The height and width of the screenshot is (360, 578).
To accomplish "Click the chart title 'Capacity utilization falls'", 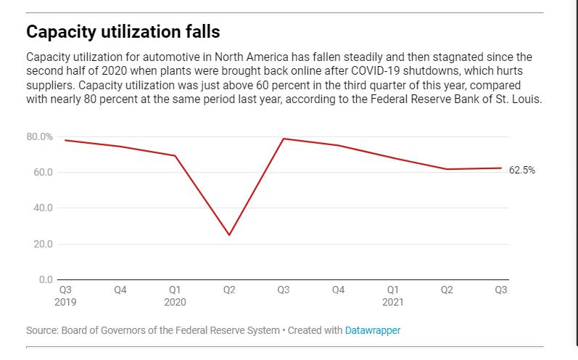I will tap(123, 32).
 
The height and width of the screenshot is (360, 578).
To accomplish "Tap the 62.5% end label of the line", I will tap(522, 170).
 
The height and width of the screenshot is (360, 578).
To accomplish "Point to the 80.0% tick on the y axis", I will tap(40, 136).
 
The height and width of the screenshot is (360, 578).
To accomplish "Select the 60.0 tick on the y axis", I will tap(43, 172).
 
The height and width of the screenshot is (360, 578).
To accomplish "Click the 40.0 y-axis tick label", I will tap(43, 208).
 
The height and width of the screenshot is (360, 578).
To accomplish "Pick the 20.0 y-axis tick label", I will tap(43, 244).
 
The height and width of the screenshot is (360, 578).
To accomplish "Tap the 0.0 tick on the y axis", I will tap(45, 279).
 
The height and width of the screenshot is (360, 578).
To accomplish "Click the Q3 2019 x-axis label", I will tap(65, 295).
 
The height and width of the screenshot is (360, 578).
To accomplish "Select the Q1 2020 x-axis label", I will tap(175, 295).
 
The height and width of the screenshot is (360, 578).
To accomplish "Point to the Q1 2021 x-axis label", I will tap(392, 295).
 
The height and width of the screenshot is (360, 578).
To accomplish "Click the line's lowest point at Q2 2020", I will tap(229, 235).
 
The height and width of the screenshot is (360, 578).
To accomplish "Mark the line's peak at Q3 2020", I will tap(284, 139).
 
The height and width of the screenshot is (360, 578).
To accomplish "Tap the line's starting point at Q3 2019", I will tap(65, 140).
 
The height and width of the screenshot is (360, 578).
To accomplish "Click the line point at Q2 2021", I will tap(447, 169).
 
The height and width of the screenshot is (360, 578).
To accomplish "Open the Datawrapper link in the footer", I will tap(373, 330).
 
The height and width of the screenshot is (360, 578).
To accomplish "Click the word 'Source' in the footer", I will tap(41, 330).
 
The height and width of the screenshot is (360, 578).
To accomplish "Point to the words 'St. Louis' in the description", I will tap(518, 99).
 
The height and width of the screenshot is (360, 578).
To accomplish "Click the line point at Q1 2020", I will tap(175, 155).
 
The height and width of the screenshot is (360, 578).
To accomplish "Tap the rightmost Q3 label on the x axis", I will tap(501, 290).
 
